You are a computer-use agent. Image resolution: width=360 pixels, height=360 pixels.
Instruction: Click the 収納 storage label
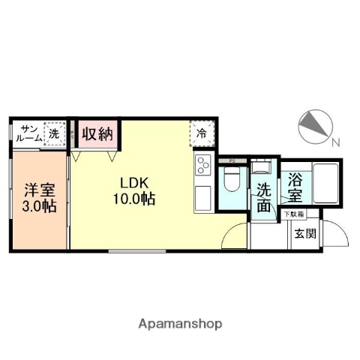click(97, 135)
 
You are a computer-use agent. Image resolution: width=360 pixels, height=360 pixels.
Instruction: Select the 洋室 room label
click(38, 189)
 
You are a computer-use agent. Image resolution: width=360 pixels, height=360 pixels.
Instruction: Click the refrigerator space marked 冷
click(202, 133)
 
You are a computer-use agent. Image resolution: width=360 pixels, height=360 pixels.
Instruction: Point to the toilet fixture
click(232, 181)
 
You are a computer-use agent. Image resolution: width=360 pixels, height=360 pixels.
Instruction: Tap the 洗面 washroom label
click(263, 197)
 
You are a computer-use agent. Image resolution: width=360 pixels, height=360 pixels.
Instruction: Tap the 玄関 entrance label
click(304, 233)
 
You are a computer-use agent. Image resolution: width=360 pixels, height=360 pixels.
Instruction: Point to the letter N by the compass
click(336, 142)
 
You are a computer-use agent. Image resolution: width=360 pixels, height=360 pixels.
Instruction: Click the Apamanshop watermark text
click(180, 324)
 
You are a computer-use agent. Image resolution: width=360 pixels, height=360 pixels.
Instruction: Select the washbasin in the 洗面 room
click(260, 168)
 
